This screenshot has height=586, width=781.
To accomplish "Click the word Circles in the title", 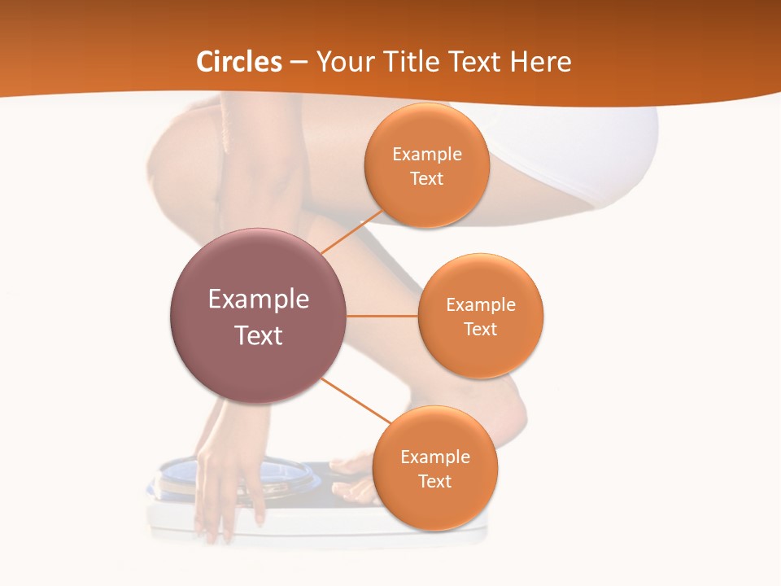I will point(239,62).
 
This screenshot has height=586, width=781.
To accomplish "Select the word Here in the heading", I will point(541,62).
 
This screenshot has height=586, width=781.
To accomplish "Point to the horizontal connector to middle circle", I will point(382,316).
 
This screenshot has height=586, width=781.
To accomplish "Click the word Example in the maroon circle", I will point(259,300).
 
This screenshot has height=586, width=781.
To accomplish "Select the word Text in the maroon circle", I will point(259,335).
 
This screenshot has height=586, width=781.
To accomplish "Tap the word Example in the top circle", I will point(426,155).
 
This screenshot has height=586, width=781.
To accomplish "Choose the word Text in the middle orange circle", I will point(481,329).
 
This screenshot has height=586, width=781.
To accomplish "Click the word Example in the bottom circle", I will point(434,457).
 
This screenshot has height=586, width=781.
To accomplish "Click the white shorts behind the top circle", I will point(569,155).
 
